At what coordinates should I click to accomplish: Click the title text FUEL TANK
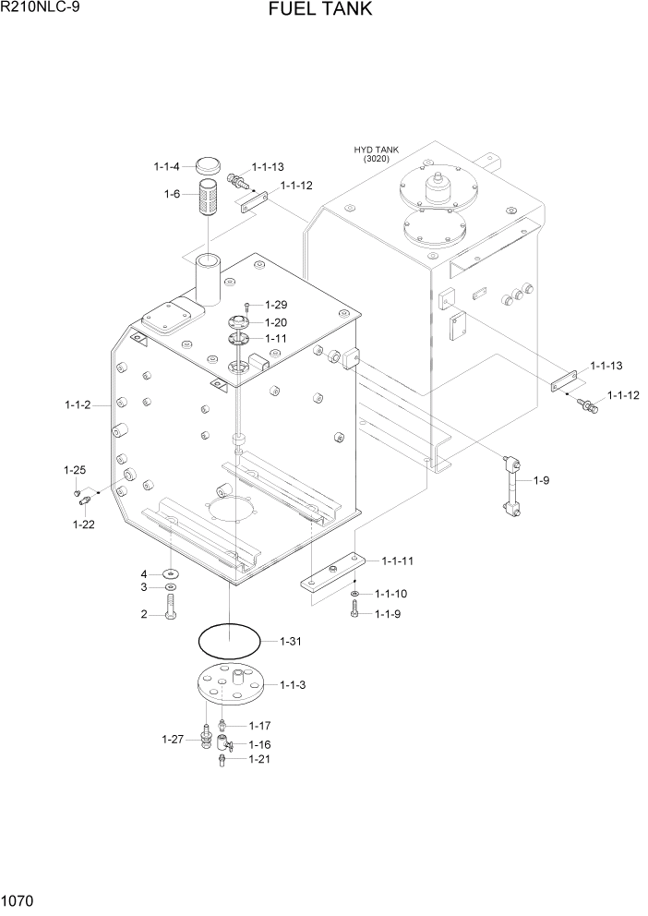(x=321, y=10)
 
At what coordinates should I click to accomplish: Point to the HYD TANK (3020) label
(x=377, y=154)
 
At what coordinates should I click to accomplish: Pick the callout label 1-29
(x=276, y=305)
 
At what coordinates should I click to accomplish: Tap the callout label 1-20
(x=276, y=322)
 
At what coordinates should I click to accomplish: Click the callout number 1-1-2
(x=78, y=404)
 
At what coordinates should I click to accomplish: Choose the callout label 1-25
(x=75, y=470)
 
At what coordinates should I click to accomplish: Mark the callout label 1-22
(x=83, y=524)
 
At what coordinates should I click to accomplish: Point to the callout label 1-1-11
(x=395, y=561)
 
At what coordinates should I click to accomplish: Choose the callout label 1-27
(x=174, y=739)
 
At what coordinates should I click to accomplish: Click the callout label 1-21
(x=259, y=759)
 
